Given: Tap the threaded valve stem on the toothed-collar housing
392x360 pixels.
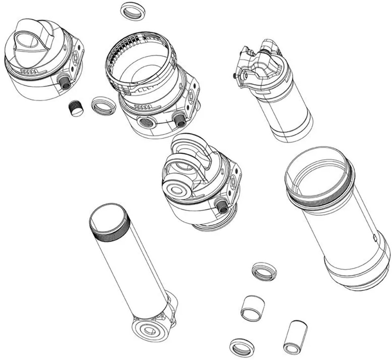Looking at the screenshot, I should pos(179,119).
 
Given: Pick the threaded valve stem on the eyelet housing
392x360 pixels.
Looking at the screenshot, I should pos(222,206).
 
